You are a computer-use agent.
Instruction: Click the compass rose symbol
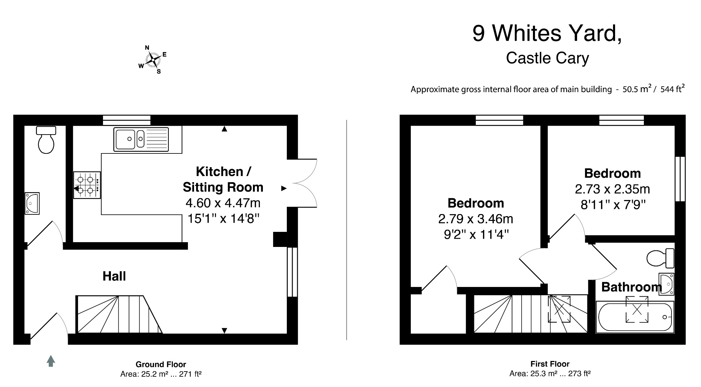(x=153, y=60)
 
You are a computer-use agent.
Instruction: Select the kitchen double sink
(x=141, y=139)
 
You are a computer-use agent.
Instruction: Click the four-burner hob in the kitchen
(x=87, y=185)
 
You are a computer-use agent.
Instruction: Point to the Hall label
(x=114, y=276)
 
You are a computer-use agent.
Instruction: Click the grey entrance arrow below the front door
(x=51, y=361)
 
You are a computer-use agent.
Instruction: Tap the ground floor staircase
(x=119, y=314)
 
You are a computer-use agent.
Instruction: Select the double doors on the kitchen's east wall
(x=302, y=183)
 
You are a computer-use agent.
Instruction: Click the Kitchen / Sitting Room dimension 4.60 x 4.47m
(x=223, y=203)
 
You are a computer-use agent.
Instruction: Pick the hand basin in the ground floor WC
(x=32, y=203)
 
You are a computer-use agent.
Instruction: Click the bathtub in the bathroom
(x=635, y=317)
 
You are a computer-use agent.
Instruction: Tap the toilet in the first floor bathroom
(x=660, y=258)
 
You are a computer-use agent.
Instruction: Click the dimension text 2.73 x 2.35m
(x=612, y=189)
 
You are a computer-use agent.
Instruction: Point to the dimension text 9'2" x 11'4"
(x=476, y=235)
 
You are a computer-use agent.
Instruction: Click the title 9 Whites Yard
(x=547, y=33)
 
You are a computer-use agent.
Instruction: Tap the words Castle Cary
(x=547, y=58)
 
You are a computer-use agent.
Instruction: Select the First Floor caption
(x=550, y=364)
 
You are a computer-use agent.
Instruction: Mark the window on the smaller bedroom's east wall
(x=680, y=179)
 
